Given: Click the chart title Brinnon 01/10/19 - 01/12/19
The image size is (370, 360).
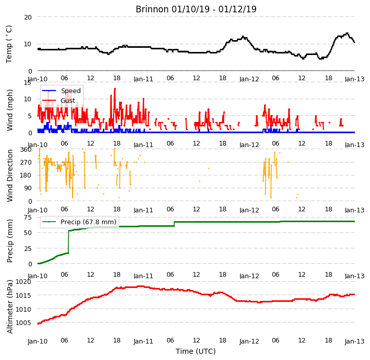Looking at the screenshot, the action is (x=196, y=9).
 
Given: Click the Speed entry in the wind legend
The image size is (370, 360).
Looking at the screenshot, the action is (x=70, y=91).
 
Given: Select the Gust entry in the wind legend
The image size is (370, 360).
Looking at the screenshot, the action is (x=68, y=101).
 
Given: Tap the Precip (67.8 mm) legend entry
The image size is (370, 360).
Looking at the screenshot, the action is (x=88, y=222).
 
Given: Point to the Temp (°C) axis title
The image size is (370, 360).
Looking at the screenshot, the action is (x=9, y=44).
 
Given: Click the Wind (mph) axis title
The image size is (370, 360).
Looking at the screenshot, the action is (x=10, y=110).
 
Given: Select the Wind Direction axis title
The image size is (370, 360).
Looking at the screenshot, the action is (x=10, y=175).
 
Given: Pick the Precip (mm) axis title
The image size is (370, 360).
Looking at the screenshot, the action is (x=10, y=241).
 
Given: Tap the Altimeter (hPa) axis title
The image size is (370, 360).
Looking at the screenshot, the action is (x=10, y=307).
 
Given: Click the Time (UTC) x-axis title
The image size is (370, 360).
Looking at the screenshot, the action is (x=196, y=351).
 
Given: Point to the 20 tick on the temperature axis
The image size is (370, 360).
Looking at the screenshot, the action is (x=28, y=17).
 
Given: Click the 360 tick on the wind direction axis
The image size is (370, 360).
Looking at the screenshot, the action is (x=26, y=150).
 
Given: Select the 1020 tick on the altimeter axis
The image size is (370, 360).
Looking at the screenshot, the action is (x=23, y=282).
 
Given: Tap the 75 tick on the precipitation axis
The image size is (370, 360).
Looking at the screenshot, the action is (x=28, y=218).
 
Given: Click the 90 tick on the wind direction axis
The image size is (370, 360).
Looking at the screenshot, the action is (x=28, y=188).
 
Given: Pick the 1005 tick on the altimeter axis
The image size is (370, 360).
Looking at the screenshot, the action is (x=23, y=322).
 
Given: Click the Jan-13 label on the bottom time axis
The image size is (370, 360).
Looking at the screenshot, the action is (x=355, y=341).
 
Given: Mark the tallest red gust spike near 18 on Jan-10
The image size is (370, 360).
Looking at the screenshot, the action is (x=115, y=89).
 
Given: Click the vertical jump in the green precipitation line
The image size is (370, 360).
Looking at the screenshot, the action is (x=69, y=242).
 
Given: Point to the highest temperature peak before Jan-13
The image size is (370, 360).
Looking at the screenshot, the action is (x=347, y=33).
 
